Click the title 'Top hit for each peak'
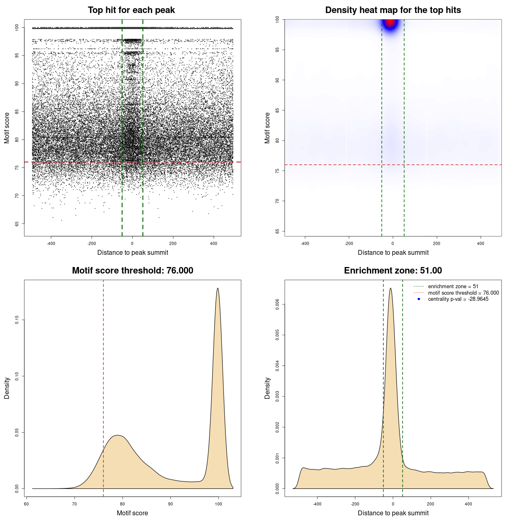click(131, 10)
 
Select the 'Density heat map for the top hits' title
click(393, 10)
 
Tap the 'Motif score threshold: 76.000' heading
click(132, 271)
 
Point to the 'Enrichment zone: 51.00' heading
click(393, 271)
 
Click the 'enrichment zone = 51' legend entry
click(453, 287)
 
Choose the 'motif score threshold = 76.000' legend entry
click(463, 293)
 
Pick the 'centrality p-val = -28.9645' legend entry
click(458, 299)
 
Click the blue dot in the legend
click(419, 299)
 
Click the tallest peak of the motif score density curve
click(218, 289)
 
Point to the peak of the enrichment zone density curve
click(391, 289)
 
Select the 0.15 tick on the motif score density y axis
click(17, 320)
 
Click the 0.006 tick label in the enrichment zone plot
click(277, 304)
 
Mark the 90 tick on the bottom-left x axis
click(171, 504)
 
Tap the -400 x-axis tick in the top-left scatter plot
click(51, 243)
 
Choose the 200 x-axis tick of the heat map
click(437, 243)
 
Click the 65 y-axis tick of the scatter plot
click(17, 223)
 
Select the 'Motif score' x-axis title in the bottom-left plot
click(132, 513)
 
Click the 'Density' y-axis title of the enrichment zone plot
click(267, 388)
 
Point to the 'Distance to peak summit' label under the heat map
click(393, 252)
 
